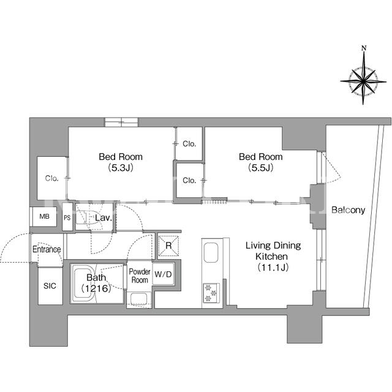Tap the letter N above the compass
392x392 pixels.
pyautogui.click(x=364, y=48)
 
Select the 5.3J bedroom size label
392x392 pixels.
pyautogui.click(x=121, y=168)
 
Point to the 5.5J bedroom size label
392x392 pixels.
pyautogui.click(x=260, y=168)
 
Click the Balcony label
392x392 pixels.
pyautogui.click(x=348, y=210)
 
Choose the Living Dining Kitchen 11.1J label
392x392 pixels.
pyautogui.click(x=273, y=257)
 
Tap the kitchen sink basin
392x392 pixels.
pyautogui.click(x=211, y=252)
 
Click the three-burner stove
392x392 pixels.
pyautogui.click(x=211, y=293)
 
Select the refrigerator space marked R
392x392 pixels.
pyautogui.click(x=169, y=246)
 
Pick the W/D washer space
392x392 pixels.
pyautogui.click(x=164, y=274)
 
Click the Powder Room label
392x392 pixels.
pyautogui.click(x=140, y=276)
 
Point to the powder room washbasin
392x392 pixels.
pyautogui.click(x=139, y=299)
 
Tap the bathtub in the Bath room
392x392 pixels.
pyautogui.click(x=84, y=284)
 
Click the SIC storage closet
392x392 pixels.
pyautogui.click(x=50, y=286)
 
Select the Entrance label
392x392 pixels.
pyautogui.click(x=47, y=249)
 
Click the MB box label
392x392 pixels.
pyautogui.click(x=45, y=216)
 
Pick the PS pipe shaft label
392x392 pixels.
pyautogui.click(x=67, y=218)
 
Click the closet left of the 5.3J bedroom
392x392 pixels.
pyautogui.click(x=51, y=178)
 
